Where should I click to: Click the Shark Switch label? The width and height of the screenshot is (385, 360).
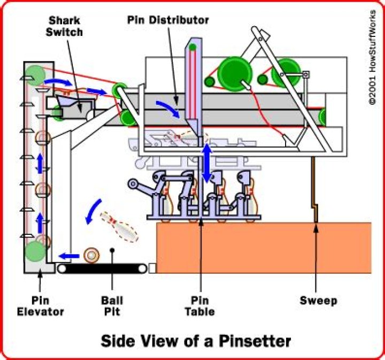pos(65,26)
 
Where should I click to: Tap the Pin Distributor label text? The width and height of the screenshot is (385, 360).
pos(168,20)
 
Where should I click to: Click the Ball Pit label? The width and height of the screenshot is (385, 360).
pos(112,306)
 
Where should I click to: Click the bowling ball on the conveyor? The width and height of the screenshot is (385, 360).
pos(92,255)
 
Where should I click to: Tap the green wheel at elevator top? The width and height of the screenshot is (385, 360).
pos(35,74)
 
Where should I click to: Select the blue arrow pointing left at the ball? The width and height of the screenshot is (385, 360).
pos(68,256)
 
